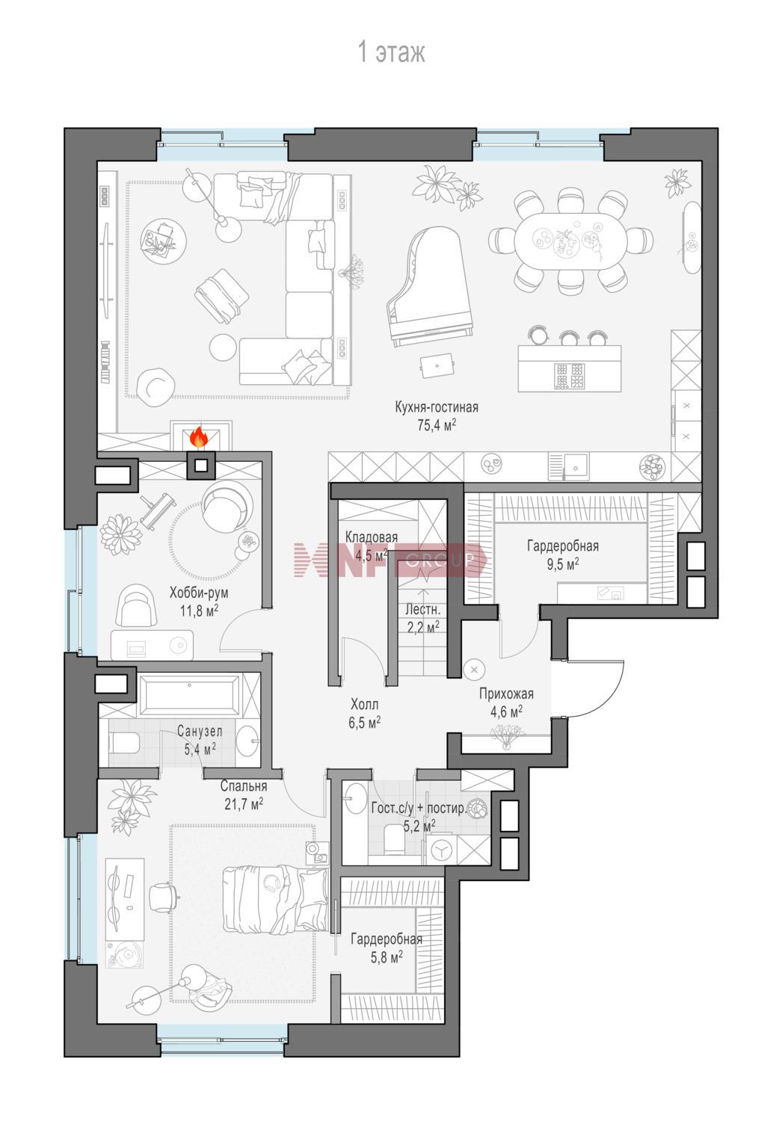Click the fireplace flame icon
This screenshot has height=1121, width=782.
tap(199, 436)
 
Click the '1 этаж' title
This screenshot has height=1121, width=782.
tap(392, 52)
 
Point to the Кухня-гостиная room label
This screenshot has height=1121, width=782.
tap(437, 407)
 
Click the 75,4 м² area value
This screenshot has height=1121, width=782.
tap(437, 425)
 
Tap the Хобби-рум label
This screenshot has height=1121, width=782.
tap(199, 593)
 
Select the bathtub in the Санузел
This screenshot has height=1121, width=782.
tap(189, 695)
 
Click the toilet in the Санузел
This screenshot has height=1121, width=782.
tap(123, 743)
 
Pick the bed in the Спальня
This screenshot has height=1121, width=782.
tap(276, 899)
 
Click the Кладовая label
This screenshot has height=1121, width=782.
tap(372, 537)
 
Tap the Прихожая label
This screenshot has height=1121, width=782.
tap(506, 694)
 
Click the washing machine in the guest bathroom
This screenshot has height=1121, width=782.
tap(441, 850)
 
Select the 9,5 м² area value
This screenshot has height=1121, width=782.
tap(563, 564)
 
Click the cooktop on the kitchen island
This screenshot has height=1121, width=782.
tap(570, 376)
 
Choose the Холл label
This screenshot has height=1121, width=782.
tap(364, 704)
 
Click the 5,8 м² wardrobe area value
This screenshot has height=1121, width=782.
tap(387, 957)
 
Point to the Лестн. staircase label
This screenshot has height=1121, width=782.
tap(422, 610)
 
